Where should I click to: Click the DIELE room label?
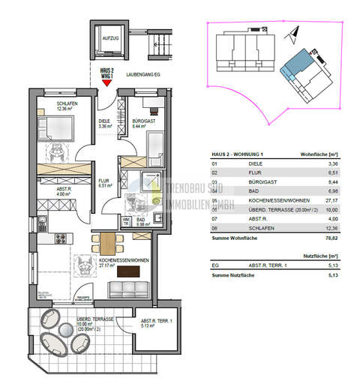(x=105, y=122)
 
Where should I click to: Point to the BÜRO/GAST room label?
(x=142, y=122)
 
